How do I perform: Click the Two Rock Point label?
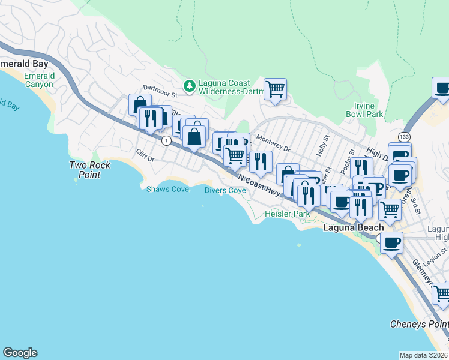click(x=85, y=170)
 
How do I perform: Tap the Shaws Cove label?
click(x=167, y=190)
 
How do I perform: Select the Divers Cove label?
click(x=225, y=190)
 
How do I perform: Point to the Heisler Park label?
click(x=287, y=214)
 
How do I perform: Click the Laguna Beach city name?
click(x=353, y=228)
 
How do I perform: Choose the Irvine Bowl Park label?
click(x=364, y=110)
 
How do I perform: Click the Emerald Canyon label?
click(x=39, y=80)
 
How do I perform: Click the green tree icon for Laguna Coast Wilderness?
click(x=190, y=86)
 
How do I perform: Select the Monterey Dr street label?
click(x=273, y=143)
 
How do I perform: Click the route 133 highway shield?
click(x=403, y=137)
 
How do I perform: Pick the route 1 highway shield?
click(x=164, y=140)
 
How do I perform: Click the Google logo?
click(x=20, y=353)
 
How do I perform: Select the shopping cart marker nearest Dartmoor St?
click(x=275, y=89)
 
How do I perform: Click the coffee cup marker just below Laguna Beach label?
click(x=391, y=243)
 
